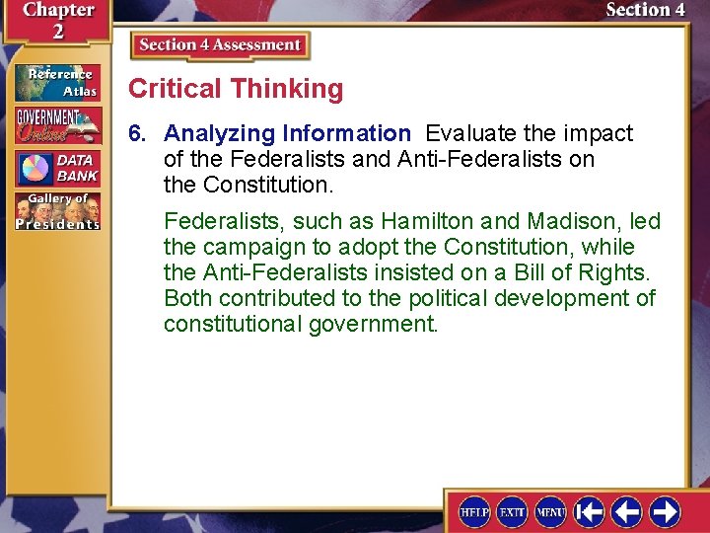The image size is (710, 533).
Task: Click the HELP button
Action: point(474,512)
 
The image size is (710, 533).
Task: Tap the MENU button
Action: point(550,512)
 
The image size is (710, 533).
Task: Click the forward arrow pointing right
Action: point(665,512)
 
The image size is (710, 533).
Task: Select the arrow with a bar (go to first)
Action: point(590,512)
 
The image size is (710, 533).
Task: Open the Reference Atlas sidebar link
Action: point(57,83)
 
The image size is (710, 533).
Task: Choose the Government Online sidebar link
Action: point(57,125)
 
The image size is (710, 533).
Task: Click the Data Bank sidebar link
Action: point(57,168)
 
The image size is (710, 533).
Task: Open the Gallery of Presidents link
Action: point(57,211)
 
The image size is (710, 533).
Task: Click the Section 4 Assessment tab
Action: point(220,45)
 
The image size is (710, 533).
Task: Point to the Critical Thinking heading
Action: point(236,89)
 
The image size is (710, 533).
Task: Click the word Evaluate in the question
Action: point(467,133)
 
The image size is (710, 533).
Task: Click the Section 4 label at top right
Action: point(645,10)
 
